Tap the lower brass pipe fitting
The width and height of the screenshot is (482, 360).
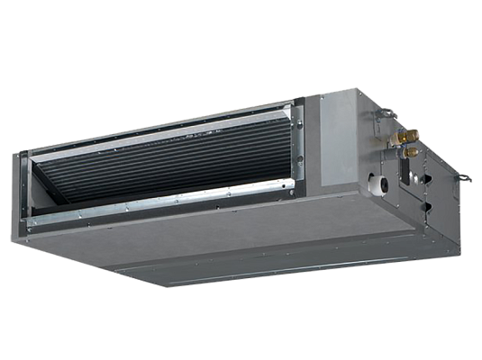410,152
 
